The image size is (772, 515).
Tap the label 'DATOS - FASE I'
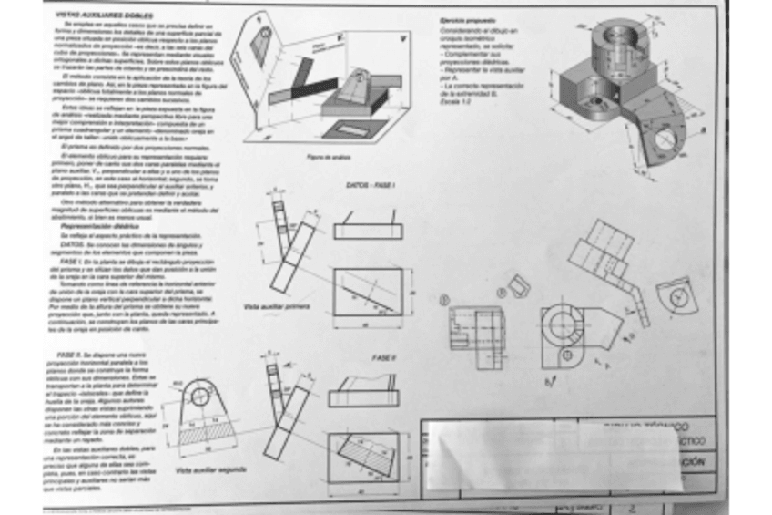370,185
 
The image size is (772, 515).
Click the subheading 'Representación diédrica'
100,225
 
